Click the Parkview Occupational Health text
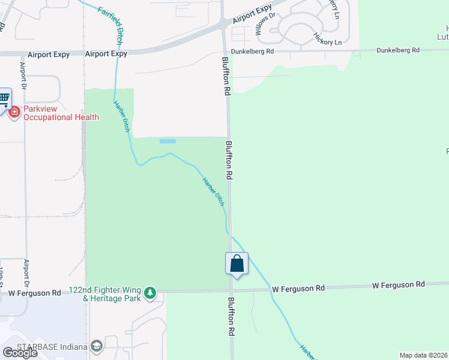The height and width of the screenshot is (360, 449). point(61,113)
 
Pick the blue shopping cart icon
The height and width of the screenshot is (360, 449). point(4,97)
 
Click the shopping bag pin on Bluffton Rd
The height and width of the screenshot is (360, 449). point(237,263)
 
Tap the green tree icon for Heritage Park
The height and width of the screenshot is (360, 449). point(150,293)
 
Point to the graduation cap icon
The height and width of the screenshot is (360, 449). point(96,346)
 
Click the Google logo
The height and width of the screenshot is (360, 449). point(20,353)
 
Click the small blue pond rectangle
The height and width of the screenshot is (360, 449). point(167,142)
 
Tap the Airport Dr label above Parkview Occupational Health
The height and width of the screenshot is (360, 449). point(23,75)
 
